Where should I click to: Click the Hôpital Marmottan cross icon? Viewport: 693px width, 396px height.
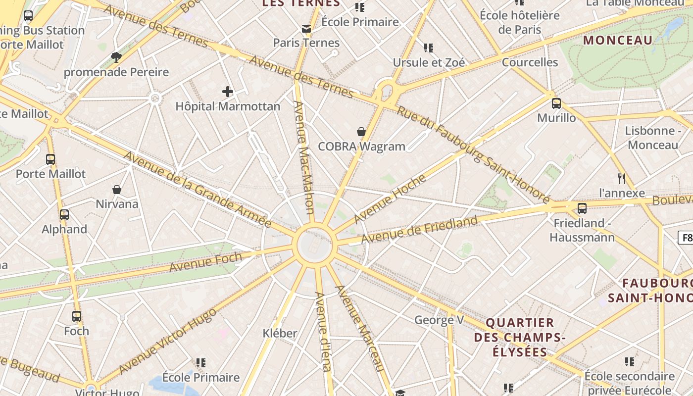point(228,92)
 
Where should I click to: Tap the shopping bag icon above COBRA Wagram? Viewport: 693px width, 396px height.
point(361,132)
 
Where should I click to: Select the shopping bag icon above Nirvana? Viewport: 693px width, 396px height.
point(117,189)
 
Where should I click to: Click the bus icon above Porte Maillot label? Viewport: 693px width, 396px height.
point(50,159)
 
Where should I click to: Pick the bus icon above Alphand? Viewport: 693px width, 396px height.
point(64,215)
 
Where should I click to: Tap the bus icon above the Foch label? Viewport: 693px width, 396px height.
point(77,316)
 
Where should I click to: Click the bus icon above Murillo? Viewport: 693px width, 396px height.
point(556,103)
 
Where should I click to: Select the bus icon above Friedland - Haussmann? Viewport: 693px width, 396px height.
point(582,208)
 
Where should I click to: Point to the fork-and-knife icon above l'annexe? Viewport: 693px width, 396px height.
point(622,178)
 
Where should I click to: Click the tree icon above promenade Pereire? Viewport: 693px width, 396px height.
point(116,57)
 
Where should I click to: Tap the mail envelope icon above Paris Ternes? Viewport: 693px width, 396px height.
point(306,29)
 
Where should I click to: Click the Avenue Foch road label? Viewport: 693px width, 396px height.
point(206,261)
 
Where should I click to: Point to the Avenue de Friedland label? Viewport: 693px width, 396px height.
point(419,229)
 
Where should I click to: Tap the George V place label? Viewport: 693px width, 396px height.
point(439,320)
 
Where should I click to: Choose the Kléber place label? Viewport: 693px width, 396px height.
point(280,333)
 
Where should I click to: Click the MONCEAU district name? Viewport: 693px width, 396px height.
point(618,40)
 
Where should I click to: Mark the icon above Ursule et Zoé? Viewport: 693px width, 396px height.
point(429,48)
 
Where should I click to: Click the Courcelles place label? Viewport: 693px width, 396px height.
point(530,62)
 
